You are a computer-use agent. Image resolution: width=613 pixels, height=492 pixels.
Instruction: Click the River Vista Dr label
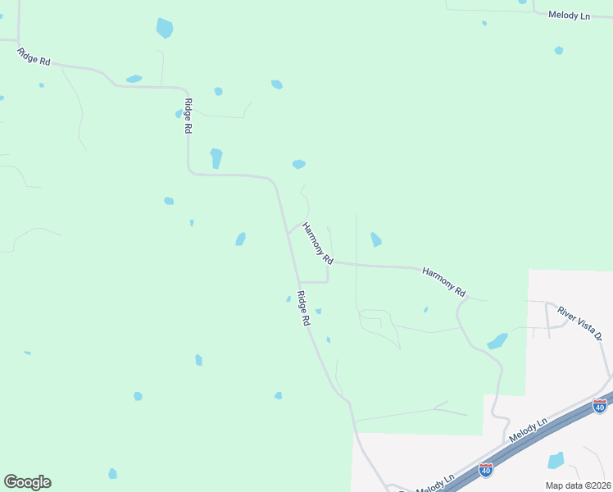tap(580, 324)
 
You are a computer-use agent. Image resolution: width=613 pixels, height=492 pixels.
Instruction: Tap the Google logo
tap(27, 482)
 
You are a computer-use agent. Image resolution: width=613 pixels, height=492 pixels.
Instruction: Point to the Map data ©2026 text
tap(578, 485)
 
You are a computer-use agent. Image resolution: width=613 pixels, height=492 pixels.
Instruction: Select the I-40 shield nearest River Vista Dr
tap(600, 406)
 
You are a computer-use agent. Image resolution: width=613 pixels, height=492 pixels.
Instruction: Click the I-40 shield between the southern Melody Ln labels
tap(486, 470)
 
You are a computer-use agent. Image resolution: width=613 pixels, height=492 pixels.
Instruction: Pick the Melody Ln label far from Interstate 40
tap(569, 16)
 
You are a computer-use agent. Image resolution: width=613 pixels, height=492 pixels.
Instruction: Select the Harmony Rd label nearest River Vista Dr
tap(444, 280)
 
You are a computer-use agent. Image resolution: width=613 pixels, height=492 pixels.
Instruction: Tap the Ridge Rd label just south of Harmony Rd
tap(303, 309)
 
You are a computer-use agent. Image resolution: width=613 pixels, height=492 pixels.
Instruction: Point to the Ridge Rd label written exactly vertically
tap(188, 116)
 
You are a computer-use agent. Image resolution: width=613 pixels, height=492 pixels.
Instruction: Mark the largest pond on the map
tap(165, 28)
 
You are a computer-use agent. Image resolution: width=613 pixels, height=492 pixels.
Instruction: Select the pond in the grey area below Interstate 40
tap(556, 460)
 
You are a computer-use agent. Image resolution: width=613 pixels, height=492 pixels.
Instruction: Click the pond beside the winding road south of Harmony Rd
tap(497, 341)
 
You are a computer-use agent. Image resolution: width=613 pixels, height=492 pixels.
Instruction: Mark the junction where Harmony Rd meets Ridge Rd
tap(288, 231)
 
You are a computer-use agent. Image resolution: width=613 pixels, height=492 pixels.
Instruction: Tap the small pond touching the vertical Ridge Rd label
tap(179, 114)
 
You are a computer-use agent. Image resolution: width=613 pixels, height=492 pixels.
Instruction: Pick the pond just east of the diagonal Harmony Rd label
tap(375, 239)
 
